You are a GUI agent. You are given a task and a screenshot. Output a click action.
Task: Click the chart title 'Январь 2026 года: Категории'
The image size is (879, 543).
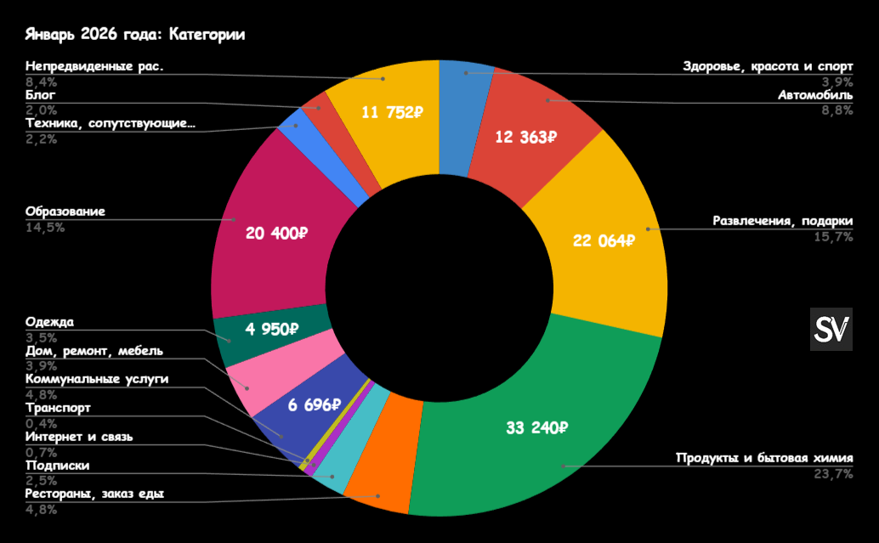135,35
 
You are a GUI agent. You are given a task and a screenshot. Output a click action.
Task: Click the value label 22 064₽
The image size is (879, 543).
604,240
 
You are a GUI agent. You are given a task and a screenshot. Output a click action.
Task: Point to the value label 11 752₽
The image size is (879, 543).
392,113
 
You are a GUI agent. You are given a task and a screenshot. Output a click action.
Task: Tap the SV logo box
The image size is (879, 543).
831,329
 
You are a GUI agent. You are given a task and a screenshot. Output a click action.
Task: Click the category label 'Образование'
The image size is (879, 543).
65,212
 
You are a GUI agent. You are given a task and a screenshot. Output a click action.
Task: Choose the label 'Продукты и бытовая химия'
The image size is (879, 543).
764,458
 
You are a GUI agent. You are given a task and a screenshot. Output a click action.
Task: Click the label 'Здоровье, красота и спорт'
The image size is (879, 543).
768,66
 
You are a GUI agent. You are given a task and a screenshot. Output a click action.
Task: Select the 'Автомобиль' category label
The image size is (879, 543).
815,94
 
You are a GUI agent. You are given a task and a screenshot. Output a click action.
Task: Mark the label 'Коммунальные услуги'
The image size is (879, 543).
97,378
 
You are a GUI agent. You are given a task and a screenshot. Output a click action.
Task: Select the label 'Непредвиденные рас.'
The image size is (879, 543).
94,65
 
